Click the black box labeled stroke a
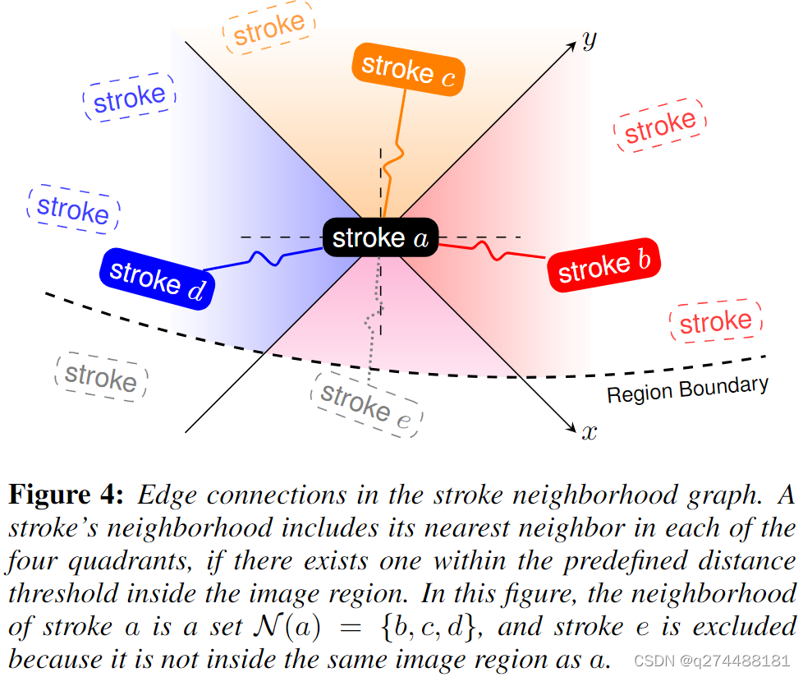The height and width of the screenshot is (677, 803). point(380,238)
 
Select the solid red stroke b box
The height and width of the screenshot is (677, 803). point(603,266)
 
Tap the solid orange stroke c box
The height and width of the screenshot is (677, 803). point(407,69)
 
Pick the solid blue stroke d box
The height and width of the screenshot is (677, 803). point(157,278)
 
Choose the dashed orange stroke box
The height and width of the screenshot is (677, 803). point(268,29)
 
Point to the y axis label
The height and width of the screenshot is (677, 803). point(588,39)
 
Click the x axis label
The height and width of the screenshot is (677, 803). point(588,432)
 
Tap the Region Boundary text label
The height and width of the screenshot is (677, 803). point(687,389)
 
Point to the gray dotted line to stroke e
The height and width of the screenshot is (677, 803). point(375,312)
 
